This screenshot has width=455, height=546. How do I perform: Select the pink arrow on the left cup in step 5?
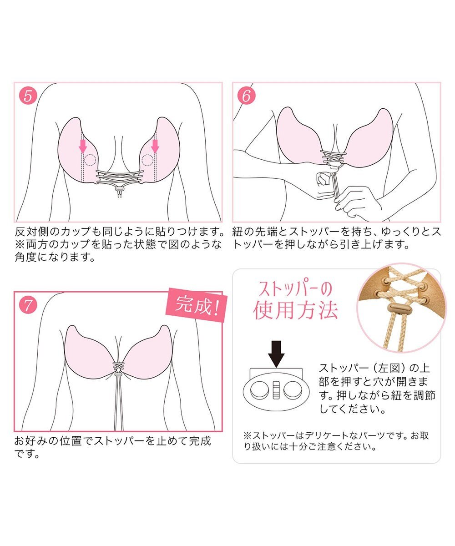[83, 146]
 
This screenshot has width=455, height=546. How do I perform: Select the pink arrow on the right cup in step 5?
[155, 146]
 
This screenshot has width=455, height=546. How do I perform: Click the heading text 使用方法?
[295, 311]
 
